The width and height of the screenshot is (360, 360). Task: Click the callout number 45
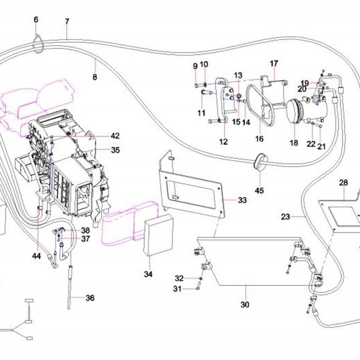point(259,190)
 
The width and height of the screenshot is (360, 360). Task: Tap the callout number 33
point(242,200)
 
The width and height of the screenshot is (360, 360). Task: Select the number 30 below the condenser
point(245,304)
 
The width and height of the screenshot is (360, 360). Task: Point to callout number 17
point(274,63)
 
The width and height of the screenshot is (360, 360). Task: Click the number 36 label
point(90,298)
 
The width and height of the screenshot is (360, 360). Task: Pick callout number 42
point(115,136)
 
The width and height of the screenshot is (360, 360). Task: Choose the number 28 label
point(344,183)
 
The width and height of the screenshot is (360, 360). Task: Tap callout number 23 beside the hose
point(286,217)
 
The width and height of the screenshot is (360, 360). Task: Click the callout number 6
point(36,20)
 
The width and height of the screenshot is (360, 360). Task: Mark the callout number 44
point(36,256)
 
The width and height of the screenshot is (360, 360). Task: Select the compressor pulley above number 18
point(293,111)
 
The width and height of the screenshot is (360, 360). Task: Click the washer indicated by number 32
point(201,279)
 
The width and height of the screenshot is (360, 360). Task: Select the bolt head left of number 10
point(197,85)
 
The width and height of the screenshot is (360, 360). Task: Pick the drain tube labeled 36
point(70,287)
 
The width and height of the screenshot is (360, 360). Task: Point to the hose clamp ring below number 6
point(38,45)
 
